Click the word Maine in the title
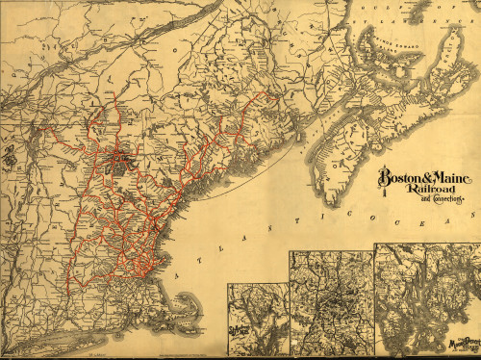pyautogui.click(x=447, y=179)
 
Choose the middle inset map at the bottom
pyautogui.click(x=332, y=303)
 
